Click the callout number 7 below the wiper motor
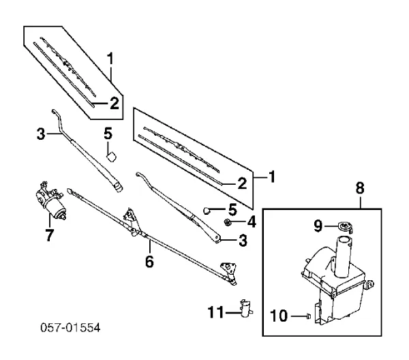48,235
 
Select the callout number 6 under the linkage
150,260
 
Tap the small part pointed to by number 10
308,316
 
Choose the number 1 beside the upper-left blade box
110,60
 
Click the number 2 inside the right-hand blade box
241,183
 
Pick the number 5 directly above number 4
232,208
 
